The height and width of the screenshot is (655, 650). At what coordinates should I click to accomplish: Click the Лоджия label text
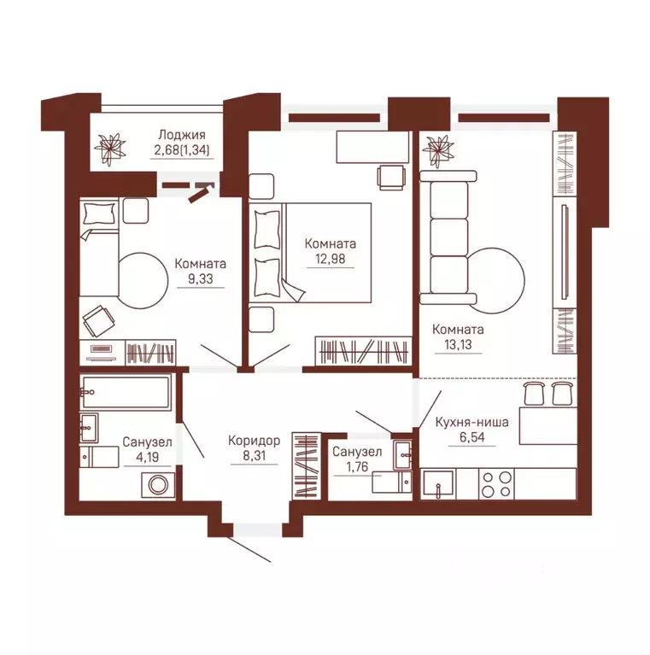pyautogui.click(x=182, y=135)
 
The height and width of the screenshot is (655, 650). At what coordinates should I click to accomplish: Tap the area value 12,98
pyautogui.click(x=331, y=259)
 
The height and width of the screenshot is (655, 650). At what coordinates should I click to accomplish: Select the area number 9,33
pyautogui.click(x=201, y=278)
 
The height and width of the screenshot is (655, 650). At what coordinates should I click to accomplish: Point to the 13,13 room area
pyautogui.click(x=459, y=345)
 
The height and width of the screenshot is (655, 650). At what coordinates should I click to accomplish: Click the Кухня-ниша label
pyautogui.click(x=472, y=422)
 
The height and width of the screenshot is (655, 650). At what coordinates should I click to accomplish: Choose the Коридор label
pyautogui.click(x=254, y=441)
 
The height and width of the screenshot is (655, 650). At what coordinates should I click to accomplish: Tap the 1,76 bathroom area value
pyautogui.click(x=357, y=466)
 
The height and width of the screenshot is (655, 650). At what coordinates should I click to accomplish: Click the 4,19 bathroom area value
pyautogui.click(x=147, y=457)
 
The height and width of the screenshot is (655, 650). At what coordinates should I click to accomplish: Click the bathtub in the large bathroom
pyautogui.click(x=126, y=392)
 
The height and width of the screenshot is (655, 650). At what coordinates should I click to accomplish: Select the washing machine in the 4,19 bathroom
pyautogui.click(x=158, y=485)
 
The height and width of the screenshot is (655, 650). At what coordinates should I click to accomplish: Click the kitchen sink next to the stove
pyautogui.click(x=438, y=484)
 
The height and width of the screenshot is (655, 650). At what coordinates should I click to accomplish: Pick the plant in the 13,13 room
pyautogui.click(x=438, y=149)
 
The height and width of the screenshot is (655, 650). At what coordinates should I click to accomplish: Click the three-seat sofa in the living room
pyautogui.click(x=448, y=237)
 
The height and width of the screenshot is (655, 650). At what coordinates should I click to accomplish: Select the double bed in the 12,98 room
pyautogui.click(x=310, y=252)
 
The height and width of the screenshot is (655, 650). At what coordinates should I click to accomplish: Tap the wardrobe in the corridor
pyautogui.click(x=306, y=465)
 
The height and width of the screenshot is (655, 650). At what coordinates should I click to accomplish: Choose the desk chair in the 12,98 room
pyautogui.click(x=391, y=177)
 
